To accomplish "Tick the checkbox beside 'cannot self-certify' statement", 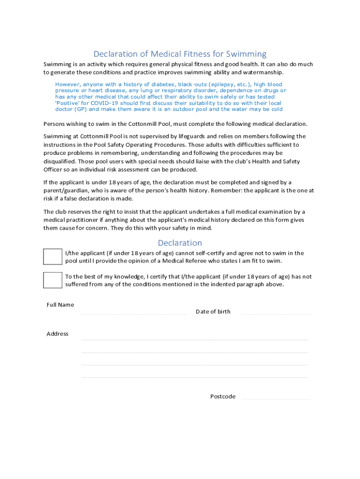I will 52,257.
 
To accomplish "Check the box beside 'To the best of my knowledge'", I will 52,280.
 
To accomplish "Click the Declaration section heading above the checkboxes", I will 180,243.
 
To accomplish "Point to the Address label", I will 58,334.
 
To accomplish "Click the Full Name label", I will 60,305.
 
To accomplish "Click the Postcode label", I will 223,396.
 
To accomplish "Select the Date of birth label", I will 213,312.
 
